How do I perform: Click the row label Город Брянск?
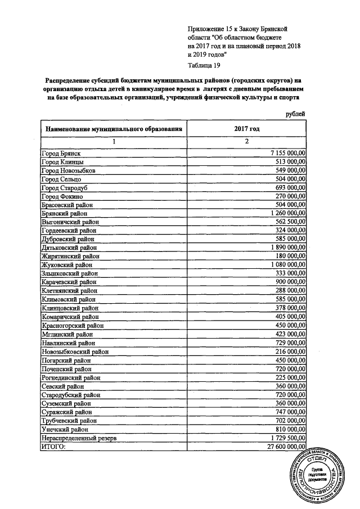[x=62, y=153]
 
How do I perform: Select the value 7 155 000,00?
[x=288, y=153]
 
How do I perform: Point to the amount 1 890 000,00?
[x=288, y=246]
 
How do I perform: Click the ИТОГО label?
[x=54, y=447]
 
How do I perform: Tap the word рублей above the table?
[x=296, y=114]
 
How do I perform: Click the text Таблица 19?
[x=204, y=65]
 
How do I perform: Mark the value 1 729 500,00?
[x=288, y=438]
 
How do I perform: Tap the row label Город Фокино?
[x=63, y=197]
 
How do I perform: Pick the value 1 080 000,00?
[x=288, y=264]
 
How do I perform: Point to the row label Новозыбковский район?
[x=75, y=351]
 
